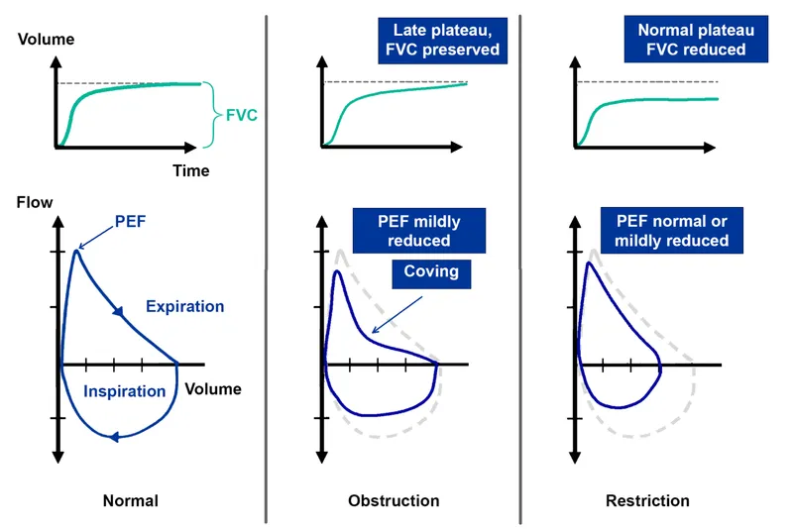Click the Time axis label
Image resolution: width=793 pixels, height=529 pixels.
coord(191,170)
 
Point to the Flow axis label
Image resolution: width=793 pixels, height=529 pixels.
coord(35,203)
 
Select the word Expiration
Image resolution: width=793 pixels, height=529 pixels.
coord(184,306)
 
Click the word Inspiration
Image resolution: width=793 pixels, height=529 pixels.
coord(124,390)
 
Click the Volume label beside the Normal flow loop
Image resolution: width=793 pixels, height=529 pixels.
coord(213,388)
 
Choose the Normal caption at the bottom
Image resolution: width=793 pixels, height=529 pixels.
coord(130,500)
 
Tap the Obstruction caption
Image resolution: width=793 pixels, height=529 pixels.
coord(394,500)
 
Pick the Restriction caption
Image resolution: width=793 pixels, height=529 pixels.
coord(647,500)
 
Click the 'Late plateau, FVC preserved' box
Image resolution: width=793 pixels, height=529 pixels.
coord(443,41)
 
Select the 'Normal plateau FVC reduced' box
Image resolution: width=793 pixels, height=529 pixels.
coord(695,41)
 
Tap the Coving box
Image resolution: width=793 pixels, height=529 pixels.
coord(431,271)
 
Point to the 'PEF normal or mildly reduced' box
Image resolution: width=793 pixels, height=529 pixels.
coord(671,230)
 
